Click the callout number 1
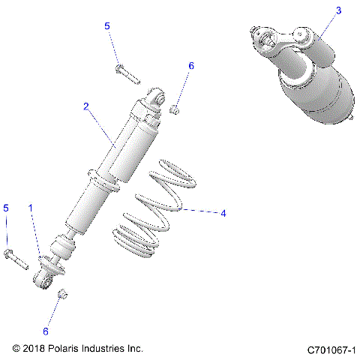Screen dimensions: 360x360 click(x=31, y=207)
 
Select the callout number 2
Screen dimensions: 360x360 click(x=86, y=107)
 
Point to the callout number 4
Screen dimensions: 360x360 click(x=223, y=213)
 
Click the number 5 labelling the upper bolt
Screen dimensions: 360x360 click(x=107, y=26)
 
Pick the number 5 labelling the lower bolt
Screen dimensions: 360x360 click(x=7, y=208)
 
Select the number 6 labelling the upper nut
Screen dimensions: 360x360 click(x=190, y=66)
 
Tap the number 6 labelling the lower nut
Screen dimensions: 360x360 click(x=45, y=331)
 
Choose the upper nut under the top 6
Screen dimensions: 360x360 click(x=175, y=110)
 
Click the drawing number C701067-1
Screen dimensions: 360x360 click(x=331, y=349)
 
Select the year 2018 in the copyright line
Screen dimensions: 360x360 click(x=34, y=349)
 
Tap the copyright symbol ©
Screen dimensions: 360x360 click(x=17, y=349)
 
